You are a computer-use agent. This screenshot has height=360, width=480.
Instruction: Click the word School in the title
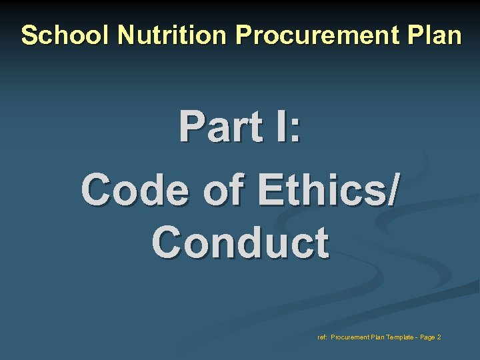66,35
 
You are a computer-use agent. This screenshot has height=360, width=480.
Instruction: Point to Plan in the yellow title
436,35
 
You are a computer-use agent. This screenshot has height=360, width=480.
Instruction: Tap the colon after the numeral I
294,128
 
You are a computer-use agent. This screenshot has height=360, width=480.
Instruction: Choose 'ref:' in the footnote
323,337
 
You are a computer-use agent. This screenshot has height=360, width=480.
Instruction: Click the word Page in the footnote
427,337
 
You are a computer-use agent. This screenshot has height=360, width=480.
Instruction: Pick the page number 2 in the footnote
439,337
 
